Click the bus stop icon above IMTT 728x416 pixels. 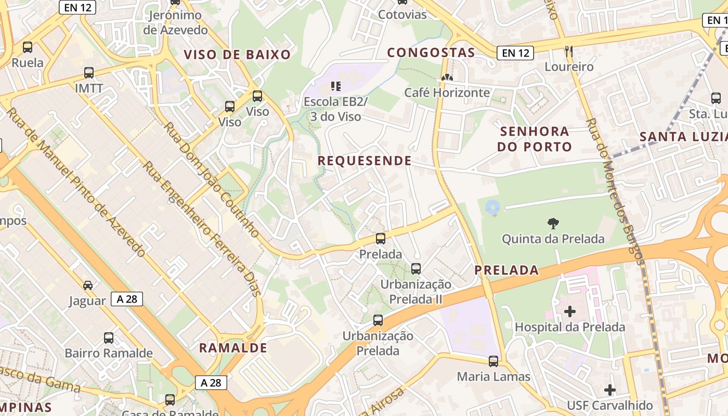click(x=89, y=73)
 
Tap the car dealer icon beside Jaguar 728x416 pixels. click(x=88, y=285)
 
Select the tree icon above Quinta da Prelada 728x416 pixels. click(x=553, y=224)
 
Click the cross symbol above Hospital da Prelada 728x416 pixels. click(x=570, y=311)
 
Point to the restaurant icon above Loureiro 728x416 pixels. click(x=568, y=51)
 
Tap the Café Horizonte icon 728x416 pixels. click(x=446, y=77)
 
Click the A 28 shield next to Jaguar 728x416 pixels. click(x=126, y=299)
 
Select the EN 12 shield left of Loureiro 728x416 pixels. click(x=515, y=53)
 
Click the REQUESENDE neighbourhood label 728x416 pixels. click(x=365, y=161)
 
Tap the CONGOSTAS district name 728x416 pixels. click(x=431, y=53)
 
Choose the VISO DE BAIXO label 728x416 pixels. click(x=237, y=55)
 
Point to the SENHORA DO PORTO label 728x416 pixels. click(x=535, y=139)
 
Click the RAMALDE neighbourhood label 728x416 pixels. click(x=233, y=348)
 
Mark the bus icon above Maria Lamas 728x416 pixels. click(x=493, y=361)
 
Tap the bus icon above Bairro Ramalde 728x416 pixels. click(x=109, y=338)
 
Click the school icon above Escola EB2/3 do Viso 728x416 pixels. click(x=335, y=86)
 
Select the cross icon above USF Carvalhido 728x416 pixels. click(x=610, y=389)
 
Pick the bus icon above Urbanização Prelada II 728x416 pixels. click(x=416, y=269)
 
